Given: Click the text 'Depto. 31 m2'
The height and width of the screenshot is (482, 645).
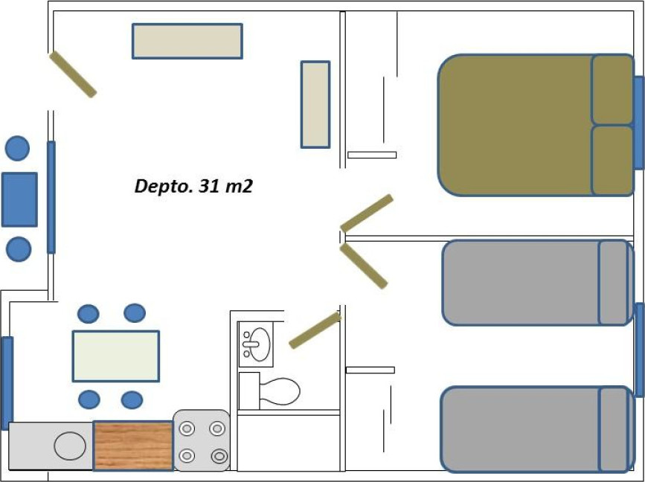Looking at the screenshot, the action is point(193,186).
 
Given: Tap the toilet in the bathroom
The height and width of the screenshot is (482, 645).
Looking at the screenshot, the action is point(269,391).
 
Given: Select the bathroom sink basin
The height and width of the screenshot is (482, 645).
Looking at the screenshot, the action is point(260,344).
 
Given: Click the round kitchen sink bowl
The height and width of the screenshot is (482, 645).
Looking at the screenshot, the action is point(70,446).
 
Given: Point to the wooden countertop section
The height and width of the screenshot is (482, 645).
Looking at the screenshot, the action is point(133,446).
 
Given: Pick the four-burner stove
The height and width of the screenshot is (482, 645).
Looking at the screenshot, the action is point(202,440).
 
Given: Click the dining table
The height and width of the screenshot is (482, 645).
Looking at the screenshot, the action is point(115,356).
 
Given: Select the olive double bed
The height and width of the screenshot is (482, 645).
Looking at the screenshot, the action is point(536,125).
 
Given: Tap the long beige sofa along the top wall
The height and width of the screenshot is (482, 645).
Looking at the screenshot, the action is point(187,41).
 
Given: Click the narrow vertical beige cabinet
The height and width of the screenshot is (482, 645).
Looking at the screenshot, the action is point(315,104).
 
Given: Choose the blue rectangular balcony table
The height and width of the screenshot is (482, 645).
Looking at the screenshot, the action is point(19,199).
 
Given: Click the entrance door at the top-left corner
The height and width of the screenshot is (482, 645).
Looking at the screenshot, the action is point(73,74).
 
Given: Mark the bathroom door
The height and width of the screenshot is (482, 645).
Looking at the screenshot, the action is point(315,330).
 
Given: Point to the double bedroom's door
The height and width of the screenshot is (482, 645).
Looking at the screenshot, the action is point(367,213).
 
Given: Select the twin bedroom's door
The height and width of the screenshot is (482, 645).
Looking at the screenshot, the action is point(364,266).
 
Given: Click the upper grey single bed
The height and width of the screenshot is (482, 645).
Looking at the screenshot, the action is point(538,283).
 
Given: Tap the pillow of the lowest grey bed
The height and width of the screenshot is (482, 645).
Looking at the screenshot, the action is point(613,429).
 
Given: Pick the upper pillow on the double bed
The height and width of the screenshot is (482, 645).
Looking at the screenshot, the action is point(612,89).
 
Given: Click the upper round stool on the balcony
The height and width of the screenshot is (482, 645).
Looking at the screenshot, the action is point(17,148).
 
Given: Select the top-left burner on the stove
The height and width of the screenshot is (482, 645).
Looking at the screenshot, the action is point(187,428).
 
